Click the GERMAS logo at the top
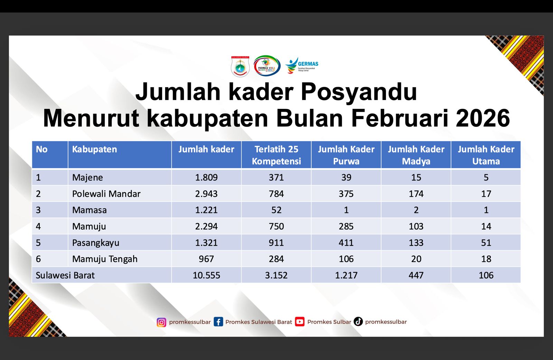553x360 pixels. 301,65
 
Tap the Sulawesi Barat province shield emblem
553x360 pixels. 240,66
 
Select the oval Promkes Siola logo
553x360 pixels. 267,66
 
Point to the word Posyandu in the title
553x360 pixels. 359,92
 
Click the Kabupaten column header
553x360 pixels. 94,149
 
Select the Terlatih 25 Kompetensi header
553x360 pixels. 276,155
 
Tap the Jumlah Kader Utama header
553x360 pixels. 486,155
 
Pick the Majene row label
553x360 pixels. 87,177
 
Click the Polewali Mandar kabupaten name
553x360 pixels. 106,194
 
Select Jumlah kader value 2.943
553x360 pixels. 206,194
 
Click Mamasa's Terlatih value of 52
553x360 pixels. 276,210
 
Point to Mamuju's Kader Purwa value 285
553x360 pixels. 346,226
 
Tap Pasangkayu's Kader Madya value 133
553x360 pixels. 416,243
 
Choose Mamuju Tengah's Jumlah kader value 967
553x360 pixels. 206,259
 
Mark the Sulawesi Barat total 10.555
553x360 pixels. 206,275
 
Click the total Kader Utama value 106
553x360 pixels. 486,275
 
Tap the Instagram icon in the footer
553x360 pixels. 161,322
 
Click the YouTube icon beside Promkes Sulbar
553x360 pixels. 300,322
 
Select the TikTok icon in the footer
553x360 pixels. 358,322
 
